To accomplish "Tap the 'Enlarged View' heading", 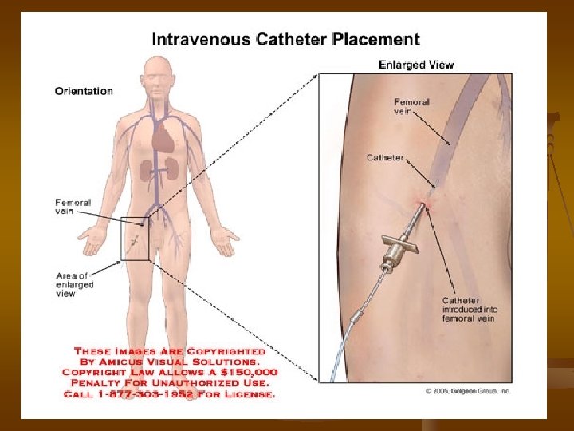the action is pyautogui.click(x=415, y=65).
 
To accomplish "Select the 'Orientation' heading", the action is pyautogui.click(x=84, y=91).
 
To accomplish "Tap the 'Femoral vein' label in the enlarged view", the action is pyautogui.click(x=411, y=106).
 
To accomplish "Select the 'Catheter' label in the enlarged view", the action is pyautogui.click(x=385, y=157).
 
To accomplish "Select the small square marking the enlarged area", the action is pyautogui.click(x=135, y=239).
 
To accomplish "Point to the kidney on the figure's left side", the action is pyautogui.click(x=147, y=169).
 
